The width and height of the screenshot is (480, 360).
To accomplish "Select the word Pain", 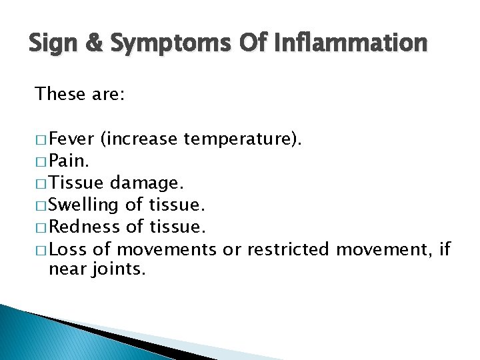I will [x=67, y=161].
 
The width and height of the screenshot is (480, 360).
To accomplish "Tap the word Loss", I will [x=65, y=249].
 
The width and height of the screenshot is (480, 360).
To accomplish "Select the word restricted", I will [x=289, y=249].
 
